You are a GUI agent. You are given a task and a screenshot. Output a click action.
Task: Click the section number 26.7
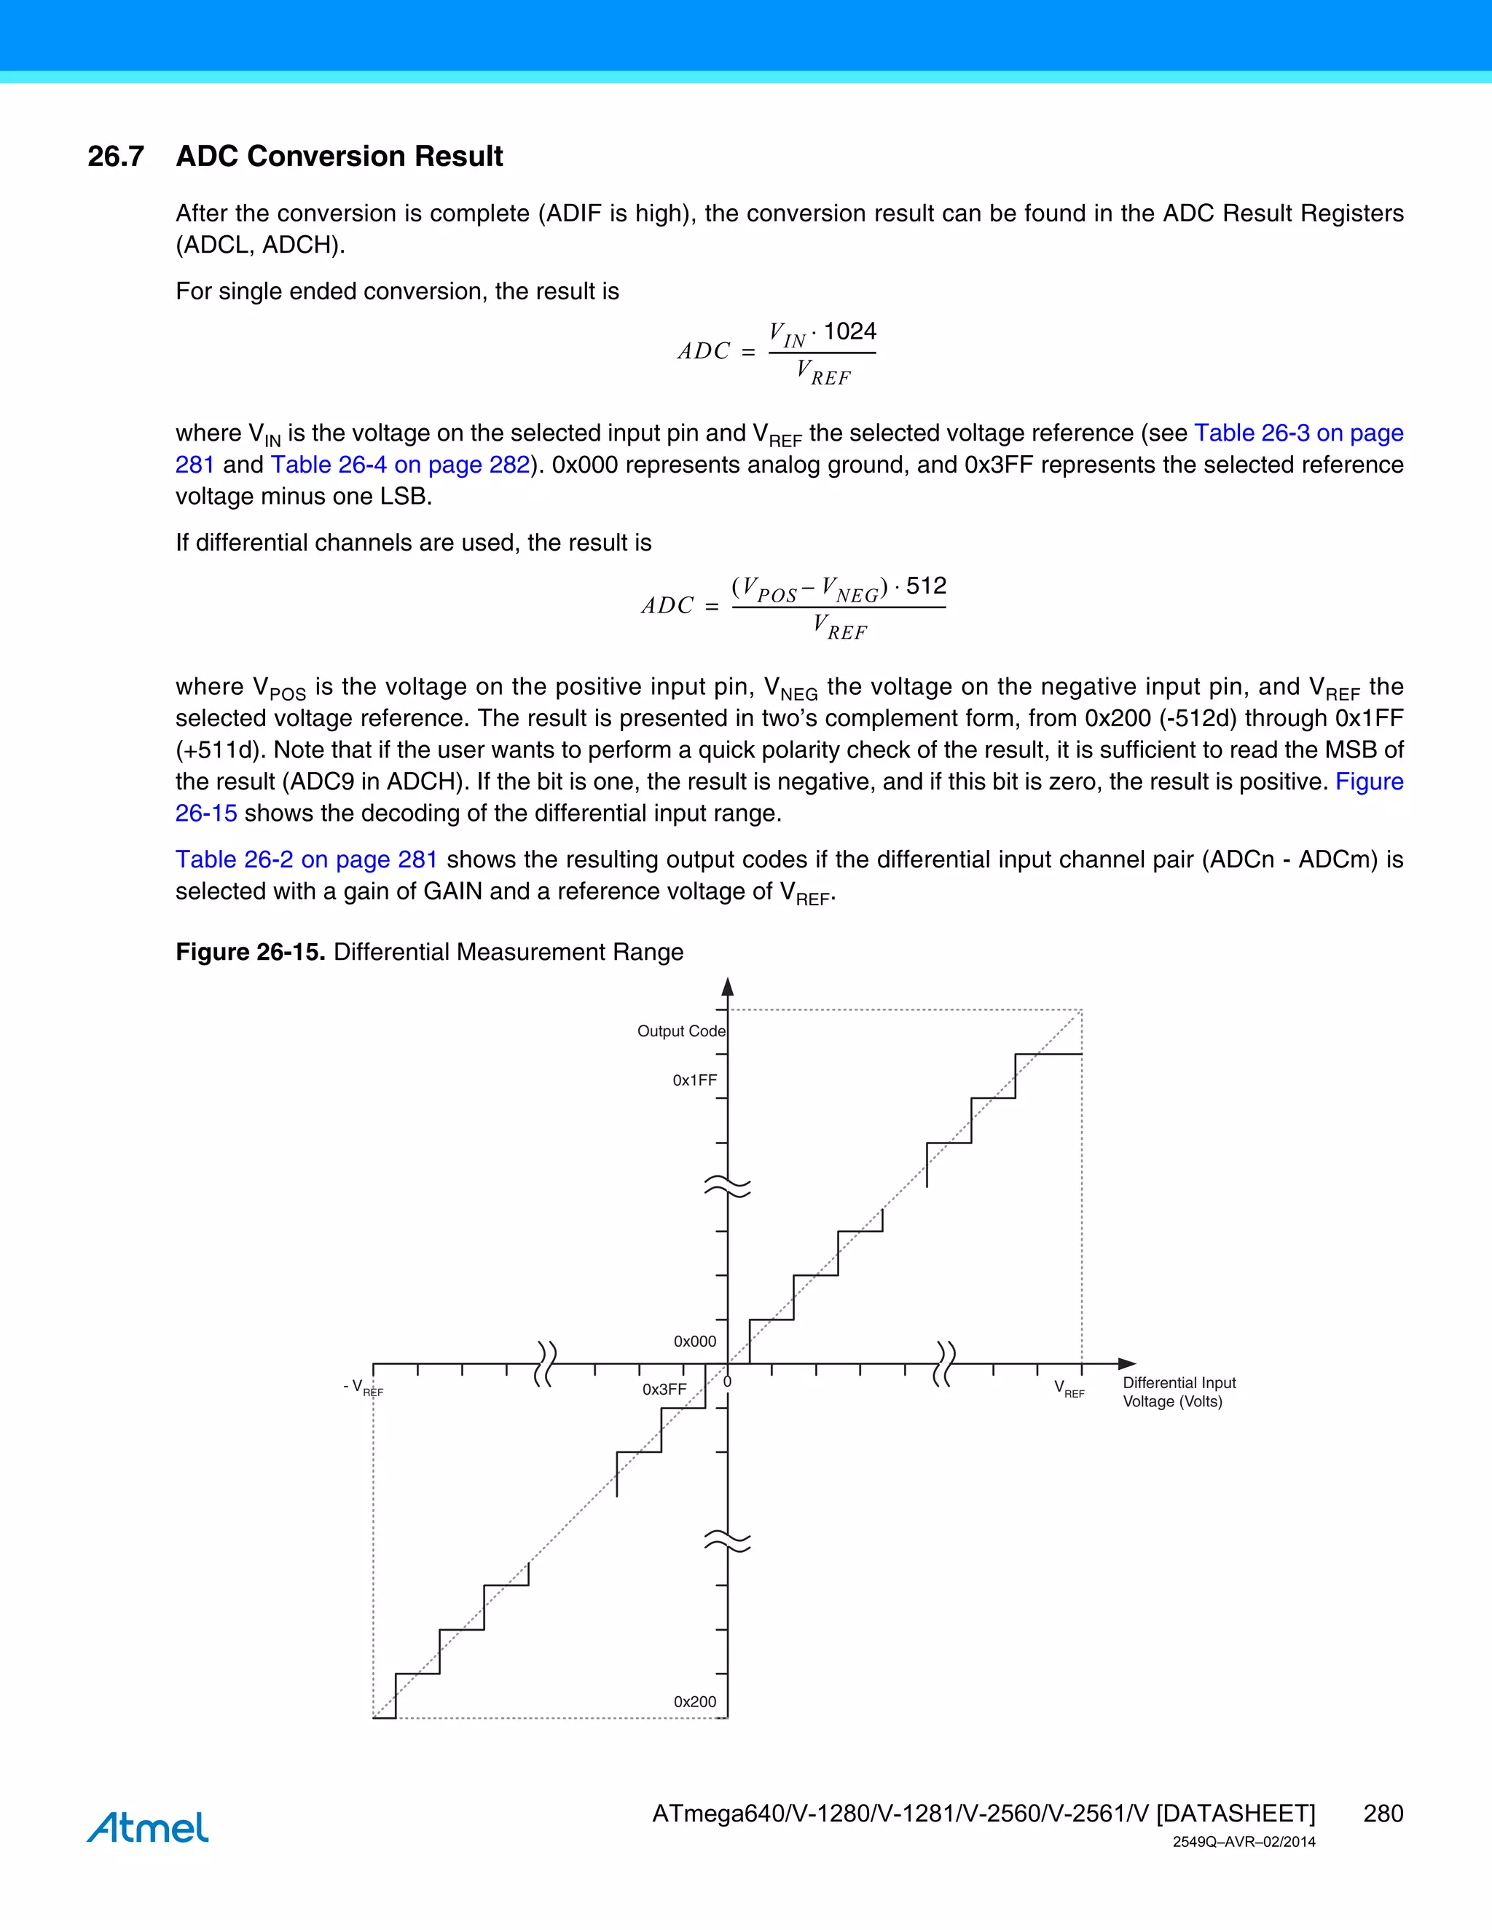click(x=116, y=157)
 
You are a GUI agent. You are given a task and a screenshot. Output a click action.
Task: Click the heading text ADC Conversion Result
click(x=339, y=157)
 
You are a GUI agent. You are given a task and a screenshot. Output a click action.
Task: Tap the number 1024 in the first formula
click(x=849, y=331)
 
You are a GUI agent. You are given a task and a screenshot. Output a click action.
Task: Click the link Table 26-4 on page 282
click(x=401, y=465)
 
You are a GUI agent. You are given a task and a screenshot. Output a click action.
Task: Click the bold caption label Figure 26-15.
click(x=250, y=952)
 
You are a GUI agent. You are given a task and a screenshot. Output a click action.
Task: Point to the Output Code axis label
click(x=681, y=1031)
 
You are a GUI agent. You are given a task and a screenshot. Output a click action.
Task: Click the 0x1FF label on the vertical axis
click(x=695, y=1080)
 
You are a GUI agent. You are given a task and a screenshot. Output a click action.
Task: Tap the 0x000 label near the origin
click(x=695, y=1342)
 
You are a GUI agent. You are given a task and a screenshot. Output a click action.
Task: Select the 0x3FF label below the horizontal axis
click(x=664, y=1389)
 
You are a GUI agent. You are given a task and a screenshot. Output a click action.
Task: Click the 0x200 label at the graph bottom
click(x=695, y=1701)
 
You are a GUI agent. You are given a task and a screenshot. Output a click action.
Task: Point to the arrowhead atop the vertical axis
click(x=728, y=987)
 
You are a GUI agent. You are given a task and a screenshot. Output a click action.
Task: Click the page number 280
click(x=1383, y=1813)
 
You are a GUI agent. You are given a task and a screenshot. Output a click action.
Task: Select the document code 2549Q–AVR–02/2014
click(x=1244, y=1843)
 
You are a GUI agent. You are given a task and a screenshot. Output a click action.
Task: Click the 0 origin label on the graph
click(x=728, y=1381)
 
